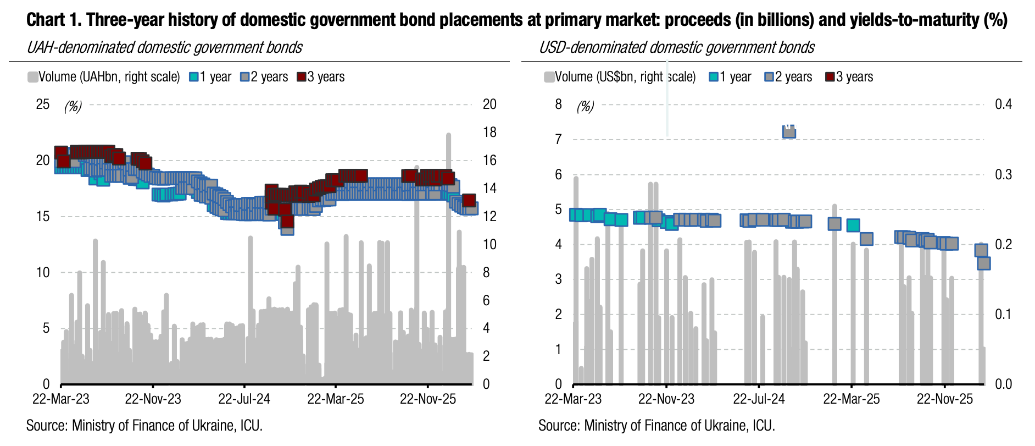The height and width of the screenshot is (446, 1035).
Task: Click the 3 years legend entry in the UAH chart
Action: coord(321,77)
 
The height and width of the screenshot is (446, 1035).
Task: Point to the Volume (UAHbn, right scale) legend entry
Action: coord(104,77)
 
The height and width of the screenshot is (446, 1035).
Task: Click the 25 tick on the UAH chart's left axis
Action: coord(42,104)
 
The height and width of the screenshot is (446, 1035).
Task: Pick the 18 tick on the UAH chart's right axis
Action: coord(489,132)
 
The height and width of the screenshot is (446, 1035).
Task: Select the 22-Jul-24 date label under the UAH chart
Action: coord(244,399)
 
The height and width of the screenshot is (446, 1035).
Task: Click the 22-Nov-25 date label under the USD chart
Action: coord(944,399)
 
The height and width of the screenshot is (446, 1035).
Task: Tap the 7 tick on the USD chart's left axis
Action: coord(559,139)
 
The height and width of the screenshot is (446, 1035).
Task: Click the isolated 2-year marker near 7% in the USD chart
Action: coord(789,131)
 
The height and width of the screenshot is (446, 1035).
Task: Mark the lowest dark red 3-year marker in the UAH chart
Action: coord(287,222)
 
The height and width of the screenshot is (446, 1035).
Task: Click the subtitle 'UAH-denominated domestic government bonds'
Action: coord(164,47)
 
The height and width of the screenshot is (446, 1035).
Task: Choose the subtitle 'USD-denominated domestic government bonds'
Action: coord(676,47)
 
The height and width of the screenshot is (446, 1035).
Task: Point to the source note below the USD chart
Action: coord(656,426)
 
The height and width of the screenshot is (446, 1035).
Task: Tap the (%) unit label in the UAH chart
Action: coord(73,106)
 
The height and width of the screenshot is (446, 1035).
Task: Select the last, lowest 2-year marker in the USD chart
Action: coord(983,263)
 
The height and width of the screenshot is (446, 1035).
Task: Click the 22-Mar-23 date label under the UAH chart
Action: coord(60,399)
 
